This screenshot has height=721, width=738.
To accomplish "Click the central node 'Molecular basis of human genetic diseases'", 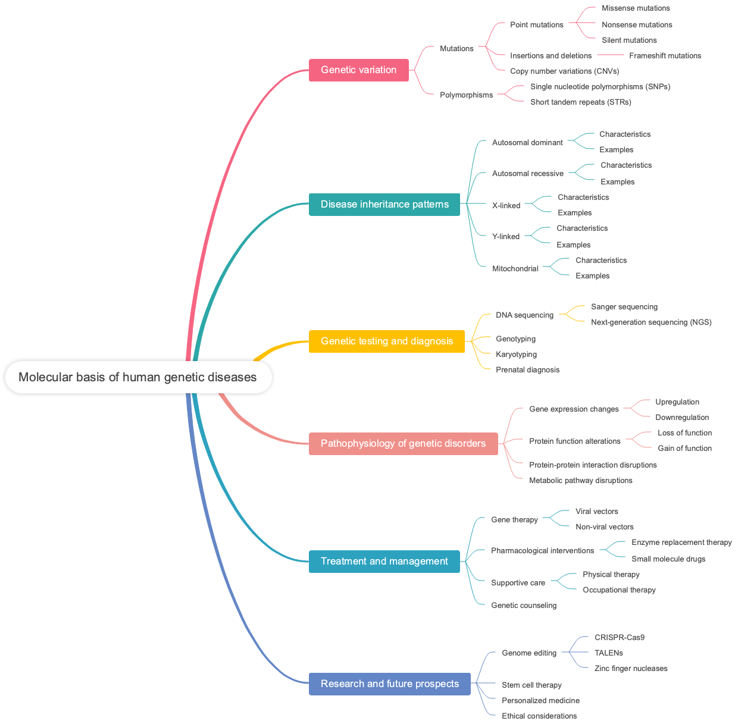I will click(138, 377).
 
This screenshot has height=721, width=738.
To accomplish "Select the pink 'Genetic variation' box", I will click(358, 70).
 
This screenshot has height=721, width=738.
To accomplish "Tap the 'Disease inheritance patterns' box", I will click(384, 205).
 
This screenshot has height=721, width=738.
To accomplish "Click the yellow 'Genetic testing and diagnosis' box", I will click(386, 341).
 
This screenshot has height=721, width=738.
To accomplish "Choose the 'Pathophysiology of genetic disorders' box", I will click(403, 444).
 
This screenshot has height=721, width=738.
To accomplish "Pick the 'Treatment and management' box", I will click(384, 562).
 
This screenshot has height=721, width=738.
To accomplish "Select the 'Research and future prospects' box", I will click(389, 684).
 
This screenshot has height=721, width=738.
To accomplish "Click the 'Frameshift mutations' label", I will click(665, 56).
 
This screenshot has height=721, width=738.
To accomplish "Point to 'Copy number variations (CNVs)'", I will click(564, 71).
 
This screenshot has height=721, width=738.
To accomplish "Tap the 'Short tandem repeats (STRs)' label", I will click(580, 102).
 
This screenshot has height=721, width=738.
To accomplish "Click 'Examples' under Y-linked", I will click(573, 245).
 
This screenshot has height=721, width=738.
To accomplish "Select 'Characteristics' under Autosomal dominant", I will click(624, 134).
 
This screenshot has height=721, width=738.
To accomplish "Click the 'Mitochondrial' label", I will click(515, 269).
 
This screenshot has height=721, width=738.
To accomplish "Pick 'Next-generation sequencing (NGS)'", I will click(651, 322).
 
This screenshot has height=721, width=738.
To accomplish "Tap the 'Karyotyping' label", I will click(516, 355).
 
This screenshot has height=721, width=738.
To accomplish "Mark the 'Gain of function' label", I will click(684, 449).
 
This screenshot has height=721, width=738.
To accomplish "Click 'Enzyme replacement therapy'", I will click(681, 543).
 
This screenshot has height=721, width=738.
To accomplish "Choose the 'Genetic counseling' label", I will click(524, 606).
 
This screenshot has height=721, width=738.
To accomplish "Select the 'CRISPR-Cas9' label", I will click(619, 638).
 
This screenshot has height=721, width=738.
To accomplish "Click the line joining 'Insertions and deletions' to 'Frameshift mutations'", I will click(610, 56).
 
